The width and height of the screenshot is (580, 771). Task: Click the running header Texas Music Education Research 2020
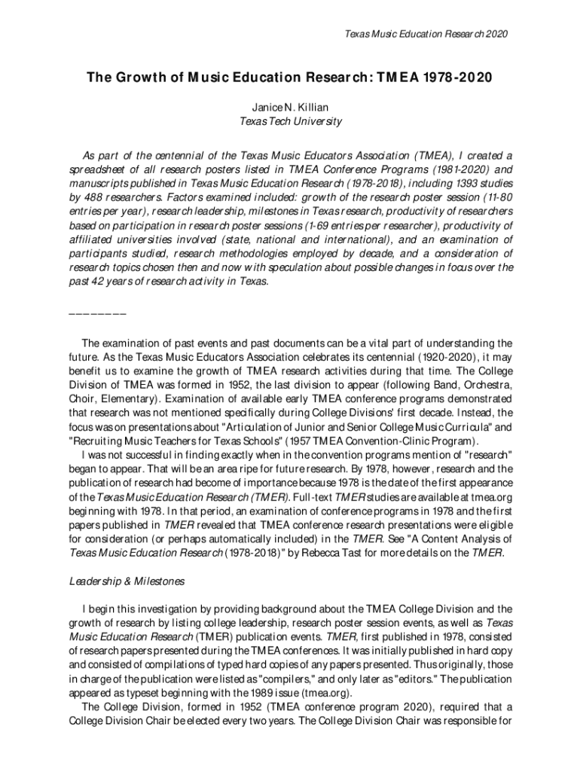(425, 34)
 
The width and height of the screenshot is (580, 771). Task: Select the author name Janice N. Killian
(290, 108)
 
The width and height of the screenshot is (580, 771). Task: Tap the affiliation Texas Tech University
(290, 121)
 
